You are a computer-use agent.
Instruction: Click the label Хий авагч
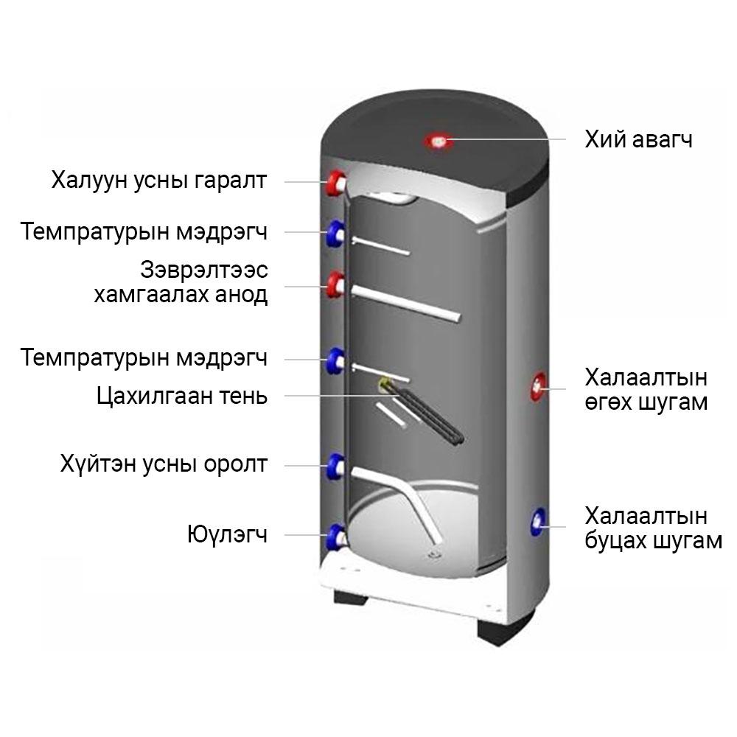pos(638,139)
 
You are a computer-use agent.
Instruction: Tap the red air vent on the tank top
pos(439,141)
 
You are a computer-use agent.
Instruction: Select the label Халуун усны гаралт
pos(159,180)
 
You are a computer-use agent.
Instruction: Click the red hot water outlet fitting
pos(337,183)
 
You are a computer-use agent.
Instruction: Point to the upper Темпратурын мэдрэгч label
pos(144,231)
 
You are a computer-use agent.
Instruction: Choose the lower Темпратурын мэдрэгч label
pos(144,357)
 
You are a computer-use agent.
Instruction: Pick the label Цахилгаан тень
pos(182,396)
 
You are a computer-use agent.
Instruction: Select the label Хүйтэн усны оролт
pos(164,464)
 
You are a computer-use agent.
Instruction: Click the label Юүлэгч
pos(228,534)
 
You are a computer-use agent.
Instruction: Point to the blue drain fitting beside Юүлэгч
pos(337,537)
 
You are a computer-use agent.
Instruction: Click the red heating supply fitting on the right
pos(539,386)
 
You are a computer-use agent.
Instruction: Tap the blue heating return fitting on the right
pos(538,522)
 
